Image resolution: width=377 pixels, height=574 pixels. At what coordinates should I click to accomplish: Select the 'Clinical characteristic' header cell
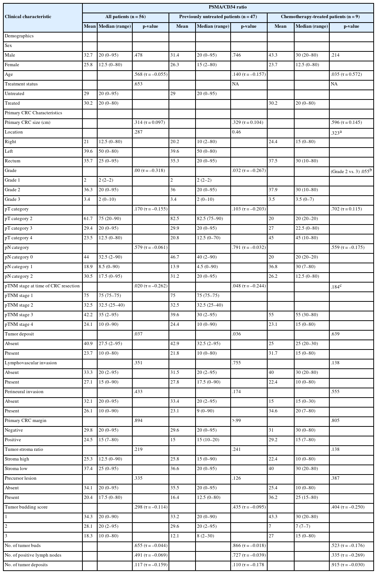(28, 17)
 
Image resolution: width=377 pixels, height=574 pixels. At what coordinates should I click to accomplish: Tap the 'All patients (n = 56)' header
(125, 17)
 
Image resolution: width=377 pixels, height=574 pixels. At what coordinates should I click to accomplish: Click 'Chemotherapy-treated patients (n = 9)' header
(320, 17)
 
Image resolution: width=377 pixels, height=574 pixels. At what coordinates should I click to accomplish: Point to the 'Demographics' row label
(19, 36)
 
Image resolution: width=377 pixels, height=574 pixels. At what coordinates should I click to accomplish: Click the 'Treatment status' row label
(21, 84)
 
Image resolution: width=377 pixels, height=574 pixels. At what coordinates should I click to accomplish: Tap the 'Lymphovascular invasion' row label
(31, 363)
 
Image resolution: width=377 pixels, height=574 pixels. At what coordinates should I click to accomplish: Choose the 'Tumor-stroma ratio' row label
(24, 449)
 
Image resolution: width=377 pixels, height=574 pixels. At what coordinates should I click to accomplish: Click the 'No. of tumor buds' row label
(23, 546)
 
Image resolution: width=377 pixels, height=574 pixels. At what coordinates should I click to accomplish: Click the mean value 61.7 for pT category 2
(88, 219)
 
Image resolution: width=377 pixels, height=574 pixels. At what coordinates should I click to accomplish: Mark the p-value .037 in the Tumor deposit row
(138, 334)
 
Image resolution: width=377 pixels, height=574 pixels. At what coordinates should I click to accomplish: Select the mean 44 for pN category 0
(86, 257)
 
